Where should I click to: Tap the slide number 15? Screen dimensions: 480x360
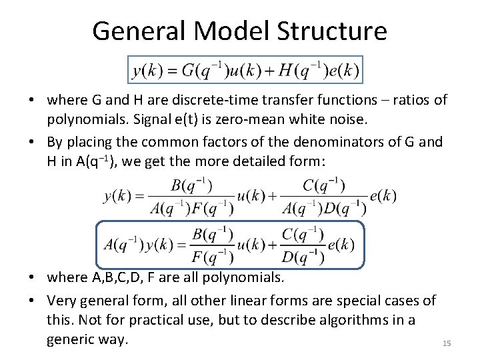pos(447,343)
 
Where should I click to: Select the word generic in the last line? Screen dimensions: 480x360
pos(73,339)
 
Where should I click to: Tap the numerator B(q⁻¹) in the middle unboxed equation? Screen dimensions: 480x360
pos(191,185)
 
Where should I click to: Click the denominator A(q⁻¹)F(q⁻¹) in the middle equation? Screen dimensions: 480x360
pos(191,208)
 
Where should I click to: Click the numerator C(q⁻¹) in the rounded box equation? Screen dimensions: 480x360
pos(303,234)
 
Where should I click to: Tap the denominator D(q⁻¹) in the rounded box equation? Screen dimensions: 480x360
pos(303,257)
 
